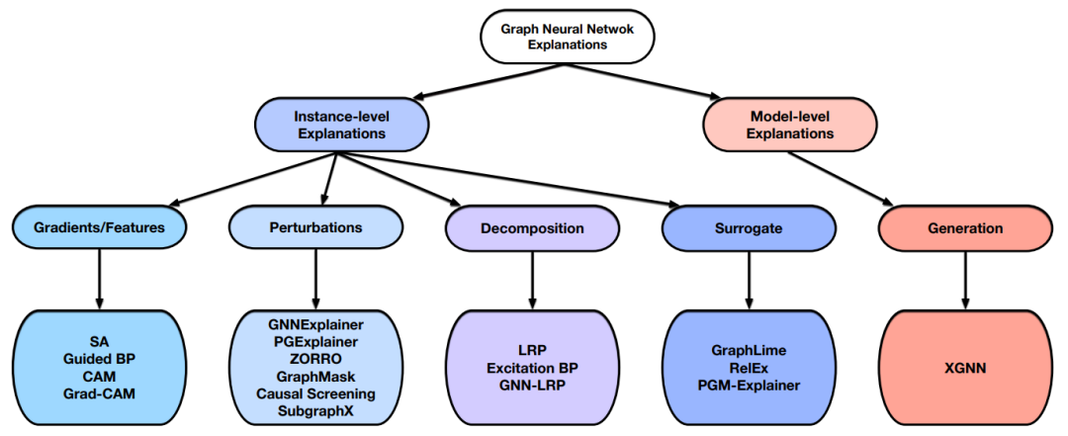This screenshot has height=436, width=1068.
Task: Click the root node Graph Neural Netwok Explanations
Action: tap(553, 37)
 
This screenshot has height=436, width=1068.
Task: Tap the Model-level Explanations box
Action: tap(789, 125)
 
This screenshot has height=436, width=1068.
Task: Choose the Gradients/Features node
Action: tap(99, 227)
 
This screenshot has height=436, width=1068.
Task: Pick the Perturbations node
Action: tap(315, 227)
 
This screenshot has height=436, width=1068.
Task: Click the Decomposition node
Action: tap(532, 227)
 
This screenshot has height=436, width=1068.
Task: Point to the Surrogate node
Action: tap(749, 227)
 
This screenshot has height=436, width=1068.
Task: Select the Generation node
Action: tap(965, 227)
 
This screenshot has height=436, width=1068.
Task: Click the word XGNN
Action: tap(965, 367)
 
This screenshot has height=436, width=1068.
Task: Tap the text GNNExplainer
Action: tap(315, 324)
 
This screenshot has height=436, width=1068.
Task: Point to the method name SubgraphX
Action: tap(315, 409)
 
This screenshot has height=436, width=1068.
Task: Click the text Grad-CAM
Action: tap(99, 392)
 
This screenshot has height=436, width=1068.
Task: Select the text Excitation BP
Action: tap(532, 367)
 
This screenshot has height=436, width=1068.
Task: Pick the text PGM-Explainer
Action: tap(749, 384)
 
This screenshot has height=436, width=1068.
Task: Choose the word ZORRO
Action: tap(315, 358)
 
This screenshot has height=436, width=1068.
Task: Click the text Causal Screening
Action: tap(315, 392)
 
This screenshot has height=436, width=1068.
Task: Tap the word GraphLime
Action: tap(749, 350)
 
